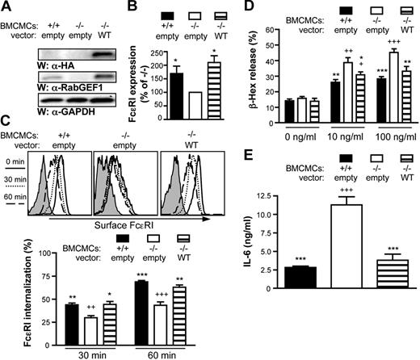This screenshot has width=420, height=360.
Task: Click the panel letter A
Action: click(x=6, y=7)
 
